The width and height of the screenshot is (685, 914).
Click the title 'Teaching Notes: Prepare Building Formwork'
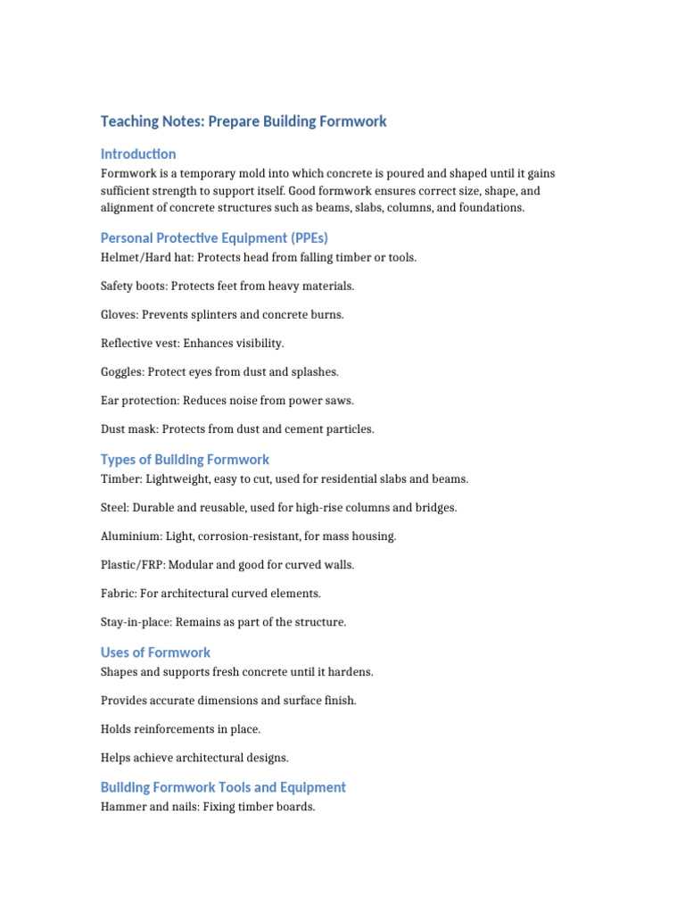point(243,121)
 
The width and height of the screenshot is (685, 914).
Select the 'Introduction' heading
point(138,154)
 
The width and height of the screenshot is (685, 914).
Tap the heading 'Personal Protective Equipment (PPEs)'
point(214,237)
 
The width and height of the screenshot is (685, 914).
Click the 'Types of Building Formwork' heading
point(185,460)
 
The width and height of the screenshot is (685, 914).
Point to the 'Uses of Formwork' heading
point(155,652)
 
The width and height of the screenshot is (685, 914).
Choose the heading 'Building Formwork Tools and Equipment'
point(223,787)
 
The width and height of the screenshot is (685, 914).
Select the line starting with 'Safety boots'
point(227,286)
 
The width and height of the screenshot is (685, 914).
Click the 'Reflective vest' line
point(193,343)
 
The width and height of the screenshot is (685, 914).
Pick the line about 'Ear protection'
point(227,400)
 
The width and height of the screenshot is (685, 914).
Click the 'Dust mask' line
point(237,428)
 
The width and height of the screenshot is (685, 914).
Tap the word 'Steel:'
point(115,507)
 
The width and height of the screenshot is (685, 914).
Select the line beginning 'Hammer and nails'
point(208,807)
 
